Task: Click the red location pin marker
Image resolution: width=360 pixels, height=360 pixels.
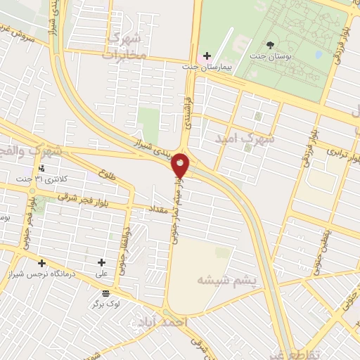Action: coord(181,165)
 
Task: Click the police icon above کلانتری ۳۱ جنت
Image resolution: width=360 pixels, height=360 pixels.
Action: coord(42,169)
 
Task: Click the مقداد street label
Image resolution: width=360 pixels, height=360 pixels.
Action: coord(157,210)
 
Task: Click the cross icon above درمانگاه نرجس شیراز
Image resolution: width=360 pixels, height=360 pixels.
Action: coord(41,263)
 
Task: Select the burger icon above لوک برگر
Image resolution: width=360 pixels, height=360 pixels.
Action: coord(105,293)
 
